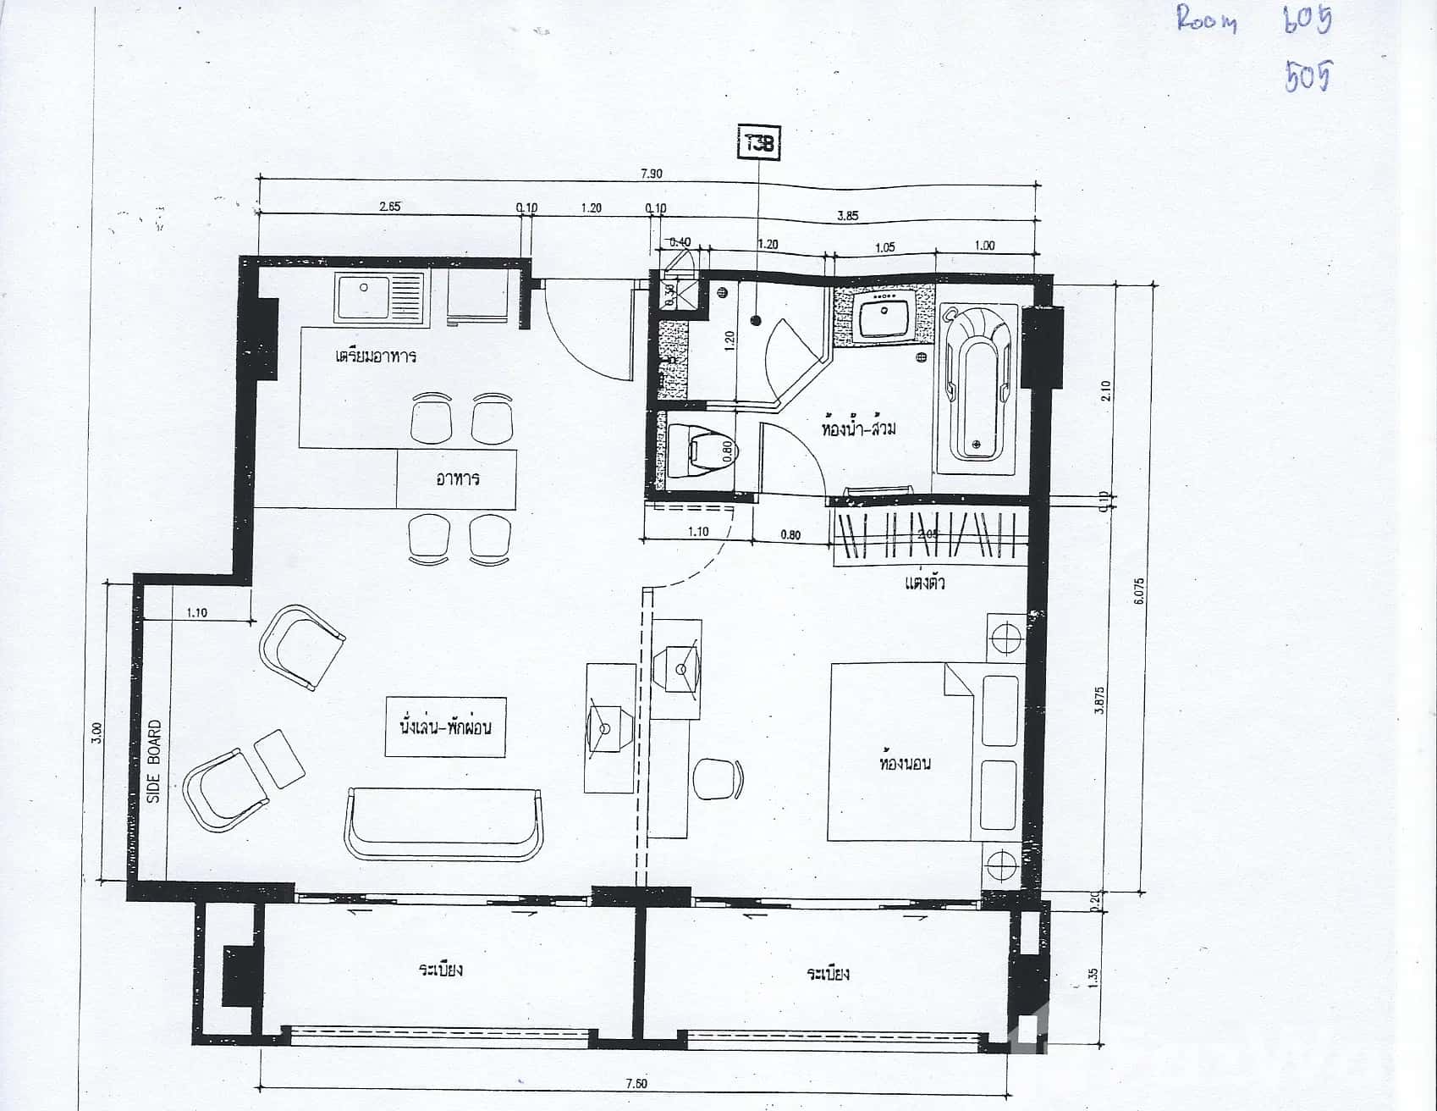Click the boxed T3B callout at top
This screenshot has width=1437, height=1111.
758,143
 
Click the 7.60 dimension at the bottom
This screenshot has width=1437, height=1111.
636,1084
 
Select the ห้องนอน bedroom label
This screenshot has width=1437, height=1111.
904,763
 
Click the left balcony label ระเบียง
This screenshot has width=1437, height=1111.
440,970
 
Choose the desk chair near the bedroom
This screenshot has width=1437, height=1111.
716,779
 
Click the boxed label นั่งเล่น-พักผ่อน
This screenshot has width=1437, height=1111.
445,727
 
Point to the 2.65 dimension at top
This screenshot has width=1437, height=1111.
389,207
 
